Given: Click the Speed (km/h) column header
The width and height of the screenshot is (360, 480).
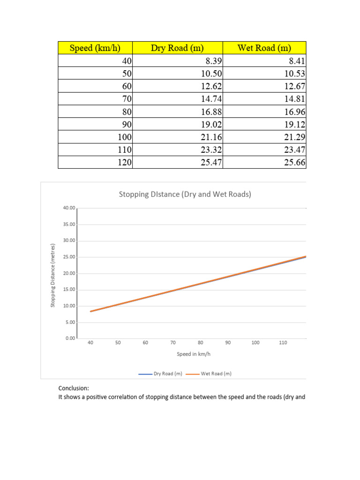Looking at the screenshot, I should (x=95, y=48).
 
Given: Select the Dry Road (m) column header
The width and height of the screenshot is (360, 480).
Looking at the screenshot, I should (x=178, y=48).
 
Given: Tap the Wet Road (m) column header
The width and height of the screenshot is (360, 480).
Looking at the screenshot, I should (x=264, y=48).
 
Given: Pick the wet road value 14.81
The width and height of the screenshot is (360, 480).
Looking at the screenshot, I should (x=294, y=98).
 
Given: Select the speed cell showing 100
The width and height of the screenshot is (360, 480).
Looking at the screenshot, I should (x=123, y=137).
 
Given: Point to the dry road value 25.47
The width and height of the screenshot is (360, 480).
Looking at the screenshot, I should (x=210, y=162).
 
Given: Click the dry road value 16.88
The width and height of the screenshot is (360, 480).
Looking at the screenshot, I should (x=210, y=112).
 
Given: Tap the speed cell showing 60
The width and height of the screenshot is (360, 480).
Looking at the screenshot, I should (x=126, y=86).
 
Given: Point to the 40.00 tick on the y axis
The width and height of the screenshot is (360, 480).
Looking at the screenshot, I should (x=68, y=208).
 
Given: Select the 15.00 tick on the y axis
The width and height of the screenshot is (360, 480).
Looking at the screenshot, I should (x=68, y=290).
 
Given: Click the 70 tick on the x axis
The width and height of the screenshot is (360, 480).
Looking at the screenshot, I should (x=173, y=343).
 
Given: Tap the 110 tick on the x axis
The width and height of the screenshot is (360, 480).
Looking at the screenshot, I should (x=283, y=343).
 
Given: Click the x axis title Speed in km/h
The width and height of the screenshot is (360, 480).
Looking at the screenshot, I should (x=191, y=354).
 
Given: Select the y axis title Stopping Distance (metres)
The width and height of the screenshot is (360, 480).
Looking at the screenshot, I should (x=53, y=276).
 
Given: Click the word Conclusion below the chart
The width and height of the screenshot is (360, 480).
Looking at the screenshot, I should (x=74, y=388).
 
